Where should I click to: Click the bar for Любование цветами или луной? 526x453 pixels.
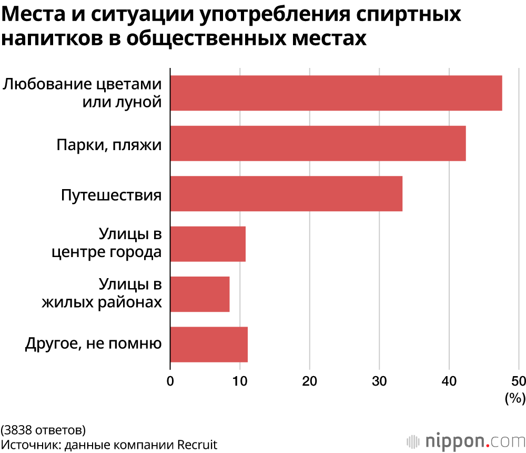[336, 93]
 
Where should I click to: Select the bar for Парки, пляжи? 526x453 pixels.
[318, 143]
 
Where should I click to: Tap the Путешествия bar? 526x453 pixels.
[286, 194]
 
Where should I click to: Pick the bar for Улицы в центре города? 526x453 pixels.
[208, 244]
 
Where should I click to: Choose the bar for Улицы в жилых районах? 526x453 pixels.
[200, 294]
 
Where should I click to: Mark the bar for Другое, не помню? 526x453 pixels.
[209, 344]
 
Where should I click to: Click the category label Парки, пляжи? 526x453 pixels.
[109, 144]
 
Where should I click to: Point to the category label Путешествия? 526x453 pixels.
[111, 194]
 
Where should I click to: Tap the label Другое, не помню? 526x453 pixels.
[93, 345]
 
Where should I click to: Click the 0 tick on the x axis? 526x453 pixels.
[170, 381]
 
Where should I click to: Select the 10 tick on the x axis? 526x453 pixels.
[240, 381]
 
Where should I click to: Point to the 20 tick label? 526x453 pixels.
[310, 381]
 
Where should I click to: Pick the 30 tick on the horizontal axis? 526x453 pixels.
[379, 381]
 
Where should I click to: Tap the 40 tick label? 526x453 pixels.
[449, 381]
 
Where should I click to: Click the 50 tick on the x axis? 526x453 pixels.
[519, 381]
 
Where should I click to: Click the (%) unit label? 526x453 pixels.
[515, 398]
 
